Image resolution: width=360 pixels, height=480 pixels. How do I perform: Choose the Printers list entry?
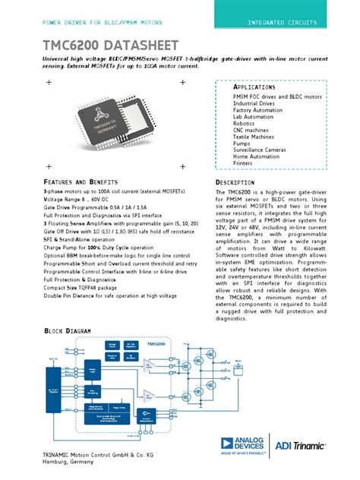pyautogui.click(x=244, y=163)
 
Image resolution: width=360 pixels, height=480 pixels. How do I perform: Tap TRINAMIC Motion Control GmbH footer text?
pyautogui.click(x=97, y=454)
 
